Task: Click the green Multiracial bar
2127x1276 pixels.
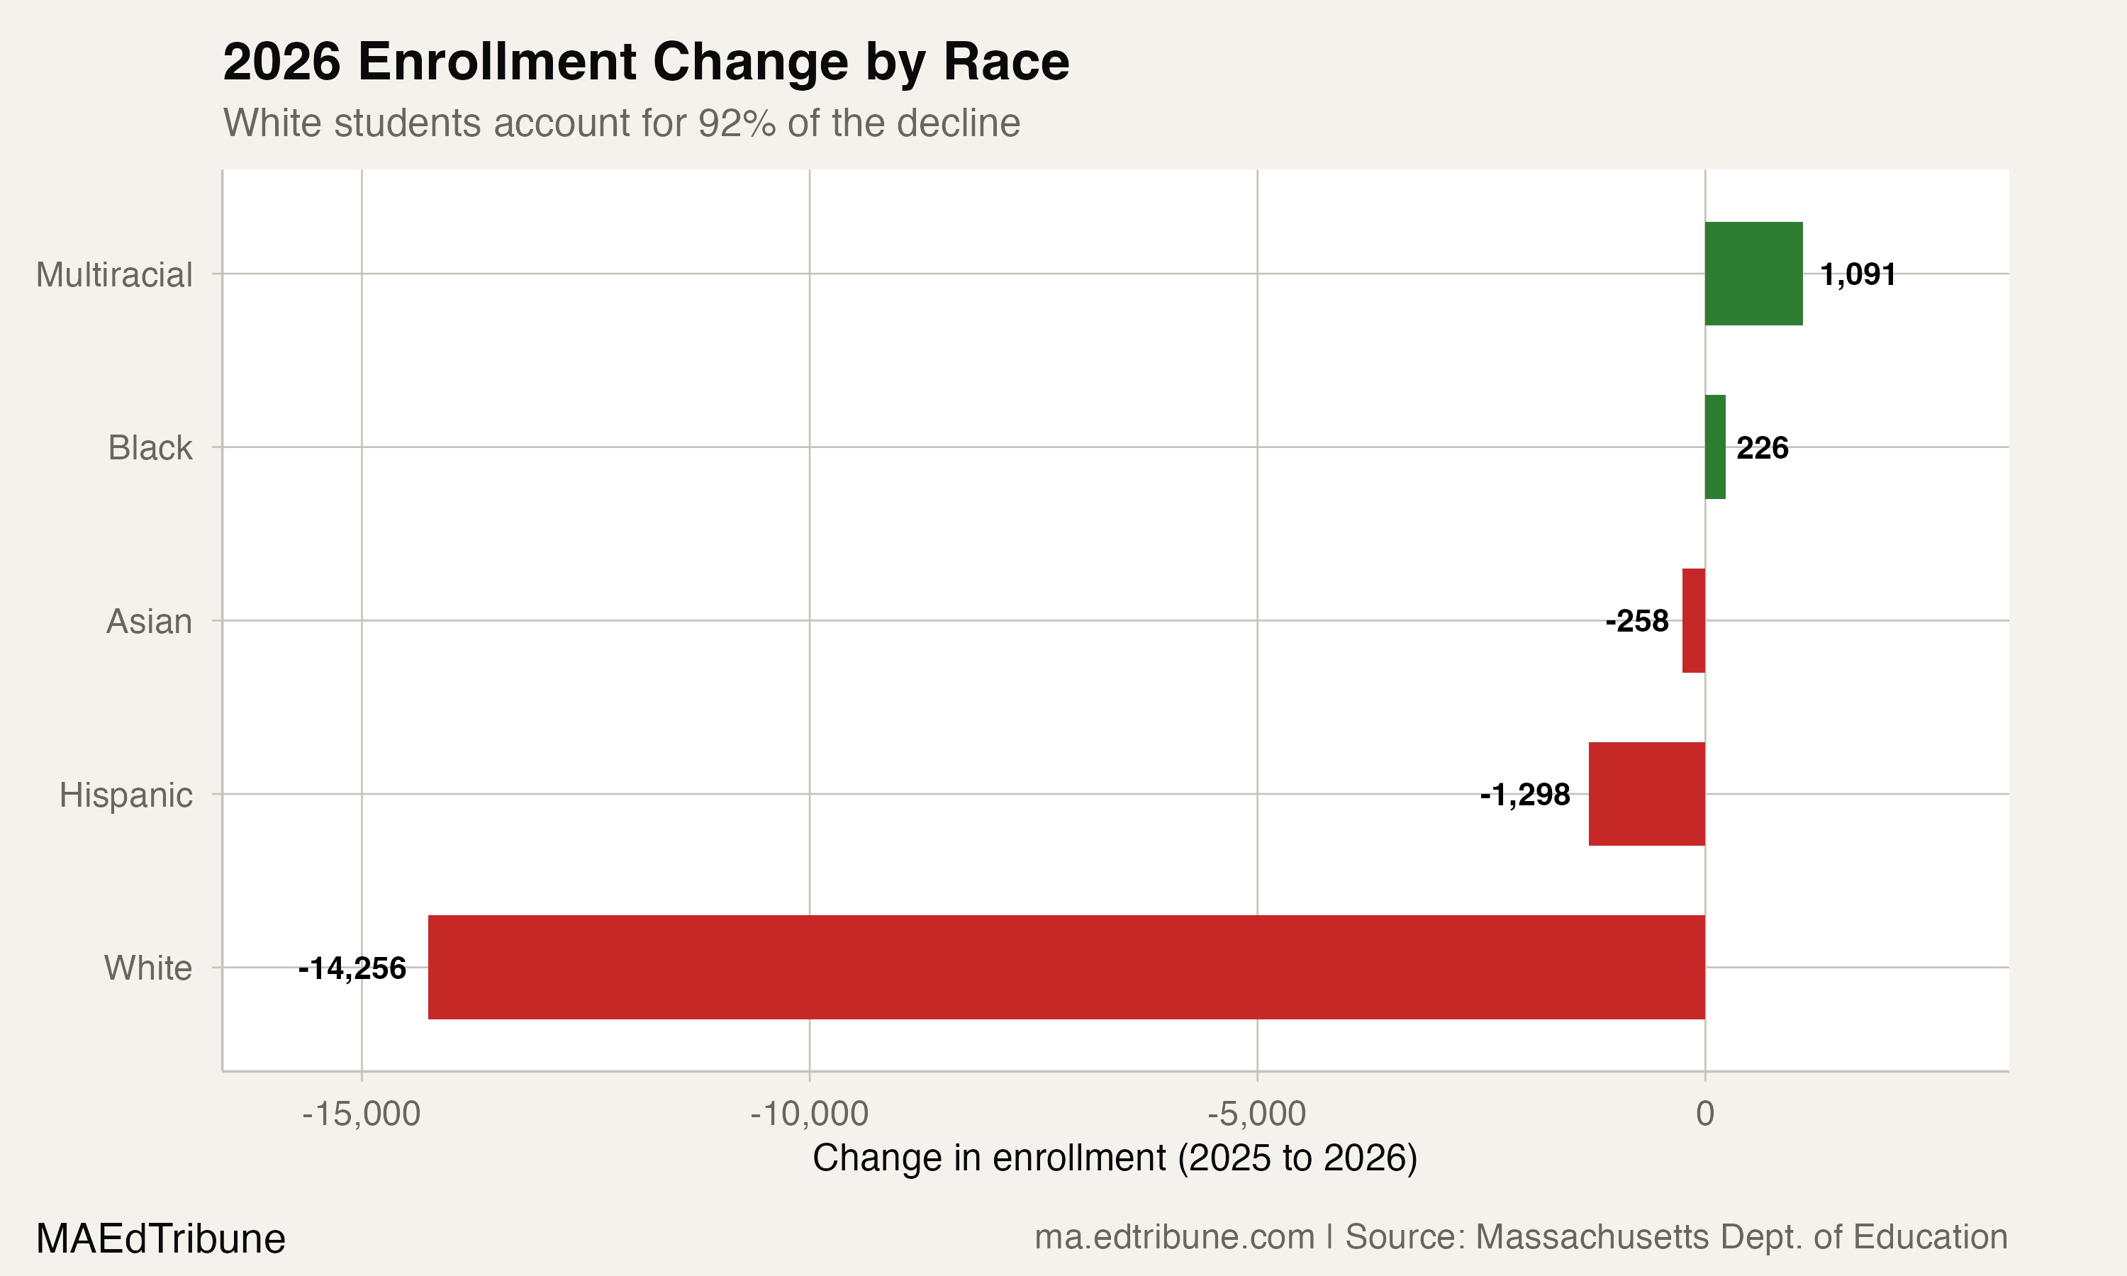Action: (x=1753, y=274)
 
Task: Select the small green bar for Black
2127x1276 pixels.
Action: (x=1715, y=447)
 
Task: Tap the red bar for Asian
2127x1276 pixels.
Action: (x=1694, y=621)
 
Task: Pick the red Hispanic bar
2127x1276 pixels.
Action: (x=1646, y=794)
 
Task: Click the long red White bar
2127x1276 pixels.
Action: (x=1066, y=968)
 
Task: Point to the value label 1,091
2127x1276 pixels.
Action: (x=1858, y=274)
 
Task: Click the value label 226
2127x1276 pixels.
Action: (x=1763, y=448)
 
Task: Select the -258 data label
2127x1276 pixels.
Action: (x=1637, y=621)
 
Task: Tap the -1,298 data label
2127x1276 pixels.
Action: (x=1525, y=795)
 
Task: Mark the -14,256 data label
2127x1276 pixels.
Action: (x=352, y=968)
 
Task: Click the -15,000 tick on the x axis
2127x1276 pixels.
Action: (x=361, y=1114)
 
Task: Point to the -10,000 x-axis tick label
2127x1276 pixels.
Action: (x=809, y=1114)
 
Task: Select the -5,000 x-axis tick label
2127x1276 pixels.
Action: (x=1257, y=1114)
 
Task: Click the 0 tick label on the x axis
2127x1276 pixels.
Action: (x=1705, y=1114)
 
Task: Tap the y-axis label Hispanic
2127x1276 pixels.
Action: (x=125, y=795)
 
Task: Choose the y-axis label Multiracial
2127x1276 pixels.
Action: (x=114, y=275)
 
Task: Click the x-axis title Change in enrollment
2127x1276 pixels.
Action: (x=1115, y=1158)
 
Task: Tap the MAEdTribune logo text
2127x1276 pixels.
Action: (x=161, y=1238)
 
